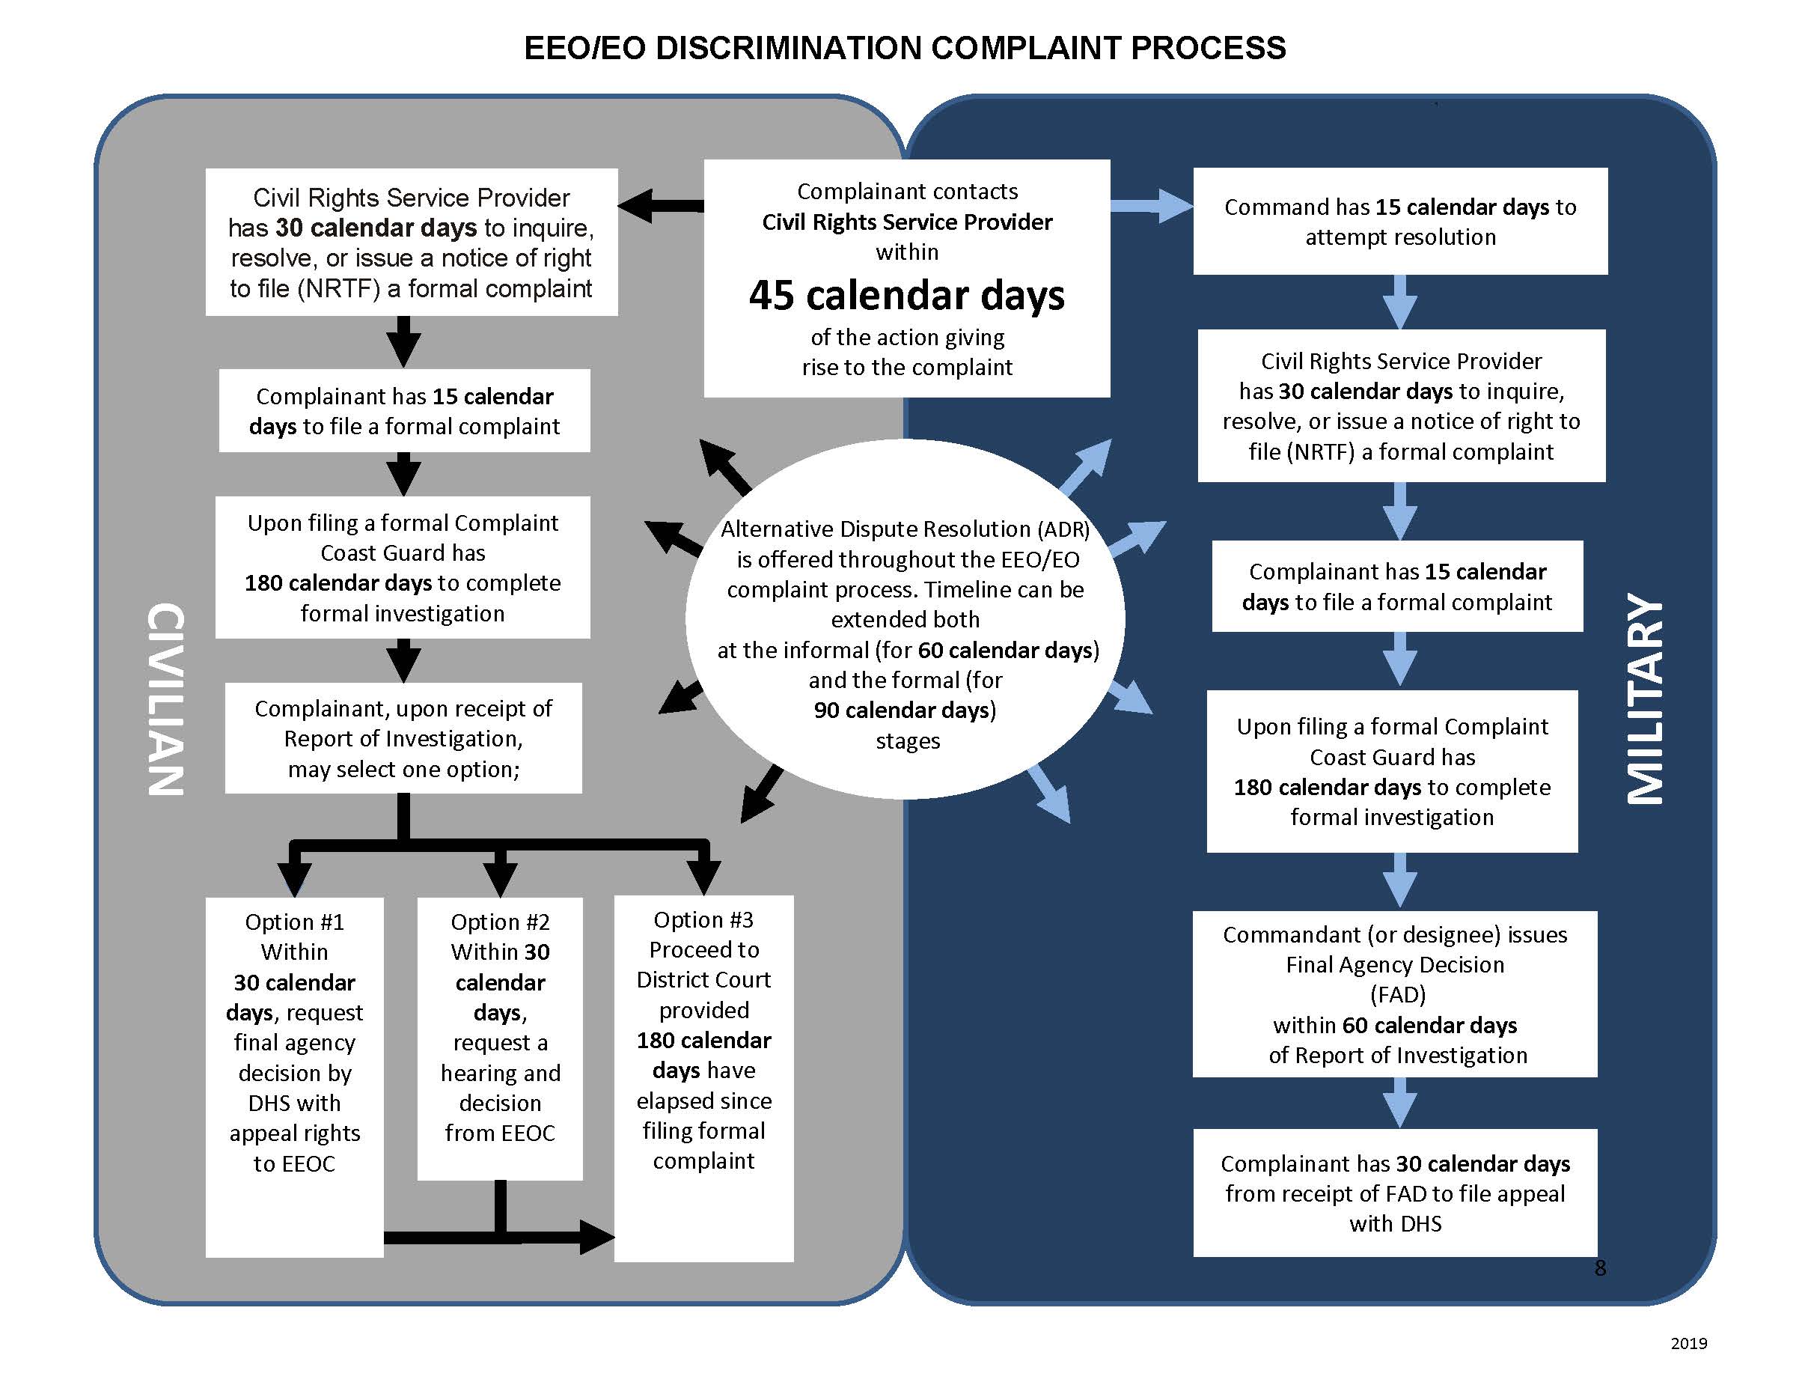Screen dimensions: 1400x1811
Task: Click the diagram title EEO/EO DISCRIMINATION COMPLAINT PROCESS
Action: click(x=905, y=48)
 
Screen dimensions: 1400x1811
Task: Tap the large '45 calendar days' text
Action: click(x=906, y=295)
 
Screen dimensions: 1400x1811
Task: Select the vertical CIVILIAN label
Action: click(x=165, y=699)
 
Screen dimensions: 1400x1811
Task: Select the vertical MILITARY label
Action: click(x=1645, y=699)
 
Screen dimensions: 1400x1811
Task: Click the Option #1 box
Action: click(x=294, y=1076)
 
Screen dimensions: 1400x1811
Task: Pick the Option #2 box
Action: click(x=500, y=1037)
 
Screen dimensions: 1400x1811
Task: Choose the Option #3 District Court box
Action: click(x=703, y=1077)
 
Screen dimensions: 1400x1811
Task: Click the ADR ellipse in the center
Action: click(x=905, y=618)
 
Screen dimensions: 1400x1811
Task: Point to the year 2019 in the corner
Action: click(x=1688, y=1343)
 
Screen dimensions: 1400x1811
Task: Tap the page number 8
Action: click(x=1599, y=1267)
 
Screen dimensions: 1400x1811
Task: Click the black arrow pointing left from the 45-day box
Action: click(x=659, y=205)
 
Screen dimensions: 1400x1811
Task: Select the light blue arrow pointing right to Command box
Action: click(x=1152, y=205)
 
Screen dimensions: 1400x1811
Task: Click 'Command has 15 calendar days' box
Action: click(x=1399, y=222)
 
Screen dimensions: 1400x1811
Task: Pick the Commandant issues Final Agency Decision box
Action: click(x=1395, y=993)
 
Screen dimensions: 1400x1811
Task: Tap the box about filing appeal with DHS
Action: click(x=1395, y=1193)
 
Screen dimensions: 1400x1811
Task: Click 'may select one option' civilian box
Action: click(x=403, y=738)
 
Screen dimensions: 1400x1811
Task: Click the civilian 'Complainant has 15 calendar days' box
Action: click(x=404, y=410)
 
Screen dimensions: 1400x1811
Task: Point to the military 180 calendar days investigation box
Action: click(x=1391, y=770)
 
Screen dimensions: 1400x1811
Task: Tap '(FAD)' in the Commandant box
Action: click(x=1397, y=993)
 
